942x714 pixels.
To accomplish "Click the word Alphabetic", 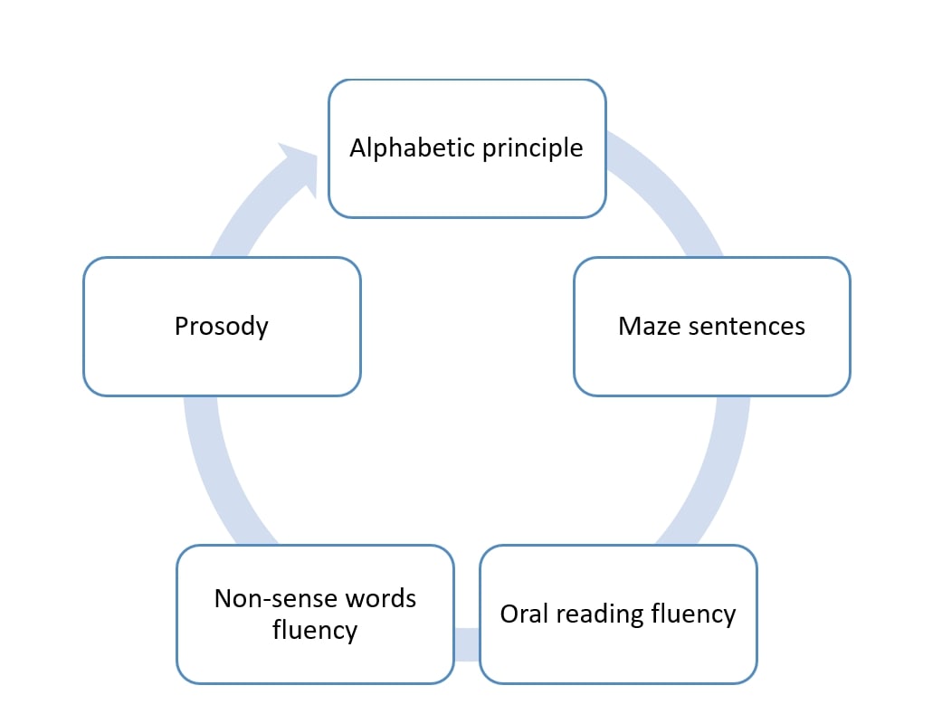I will tap(401, 148).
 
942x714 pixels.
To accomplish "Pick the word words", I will tap(381, 598).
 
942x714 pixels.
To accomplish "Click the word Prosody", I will tap(222, 326).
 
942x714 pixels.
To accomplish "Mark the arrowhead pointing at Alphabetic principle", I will tap(298, 167).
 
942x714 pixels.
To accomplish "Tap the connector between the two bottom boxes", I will tap(466, 643).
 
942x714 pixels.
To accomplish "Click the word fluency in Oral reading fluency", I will tap(693, 614).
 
